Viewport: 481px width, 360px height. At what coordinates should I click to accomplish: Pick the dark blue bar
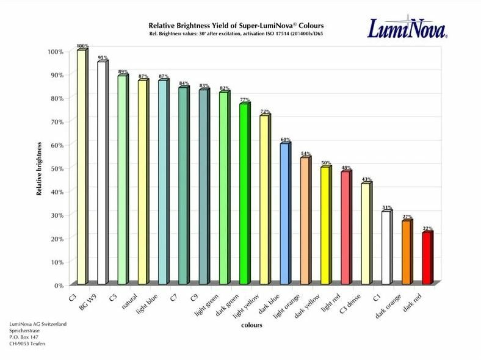pos(284,214)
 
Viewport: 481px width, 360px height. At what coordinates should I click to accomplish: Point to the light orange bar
pos(305,220)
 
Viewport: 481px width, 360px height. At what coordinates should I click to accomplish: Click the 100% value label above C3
pos(82,46)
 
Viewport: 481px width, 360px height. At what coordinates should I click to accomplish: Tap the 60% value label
pos(286,139)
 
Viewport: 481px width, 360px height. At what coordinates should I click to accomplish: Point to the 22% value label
pos(428,228)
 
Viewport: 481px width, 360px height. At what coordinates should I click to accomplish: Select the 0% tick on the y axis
pos(57,285)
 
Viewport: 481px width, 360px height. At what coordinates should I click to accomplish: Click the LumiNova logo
pos(407,28)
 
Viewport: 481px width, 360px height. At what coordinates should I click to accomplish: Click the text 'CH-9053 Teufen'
pos(27,344)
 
